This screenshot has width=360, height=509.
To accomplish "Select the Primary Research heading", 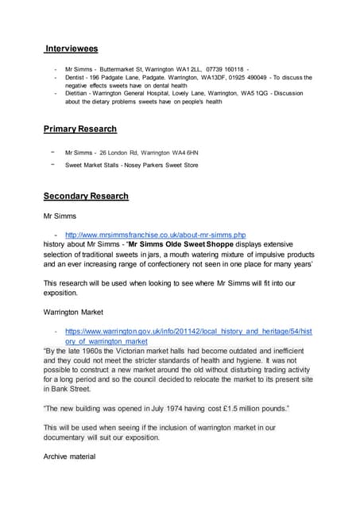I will pyautogui.click(x=80, y=129).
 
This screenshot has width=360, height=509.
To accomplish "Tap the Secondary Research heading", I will pyautogui.click(x=86, y=196).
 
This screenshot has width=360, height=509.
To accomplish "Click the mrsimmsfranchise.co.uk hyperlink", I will pyautogui.click(x=156, y=235).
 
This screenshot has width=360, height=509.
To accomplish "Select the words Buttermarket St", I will pyautogui.click(x=118, y=70).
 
